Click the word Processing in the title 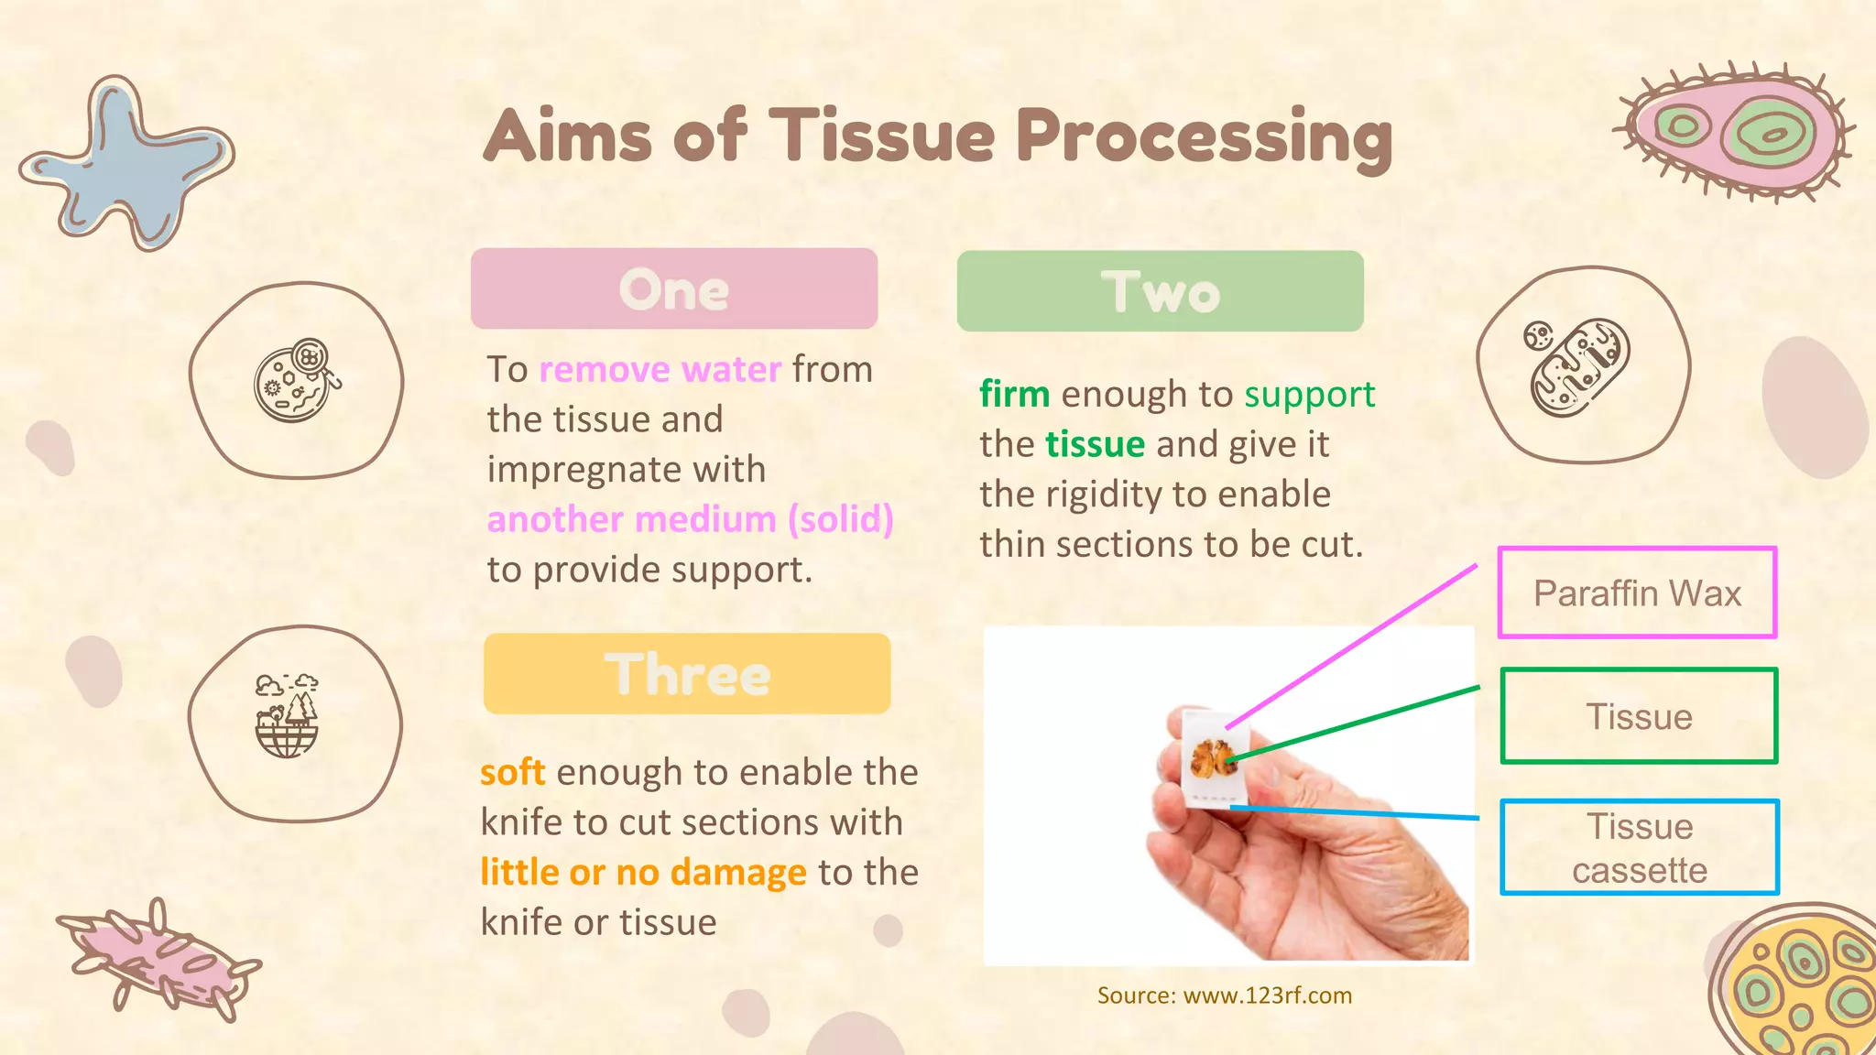coord(1204,137)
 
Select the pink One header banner coord(674,288)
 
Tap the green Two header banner coord(1160,291)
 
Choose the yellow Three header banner coord(687,674)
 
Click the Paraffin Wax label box coord(1637,593)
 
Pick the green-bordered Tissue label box coord(1639,716)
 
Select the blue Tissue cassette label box coord(1639,847)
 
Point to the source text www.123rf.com coord(1267,995)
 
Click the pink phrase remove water coord(660,369)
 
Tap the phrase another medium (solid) coord(690,519)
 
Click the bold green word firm coord(1014,394)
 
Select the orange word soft coord(512,772)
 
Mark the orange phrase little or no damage coord(643,872)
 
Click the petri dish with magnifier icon coord(296,380)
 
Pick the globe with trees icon coord(287,716)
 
